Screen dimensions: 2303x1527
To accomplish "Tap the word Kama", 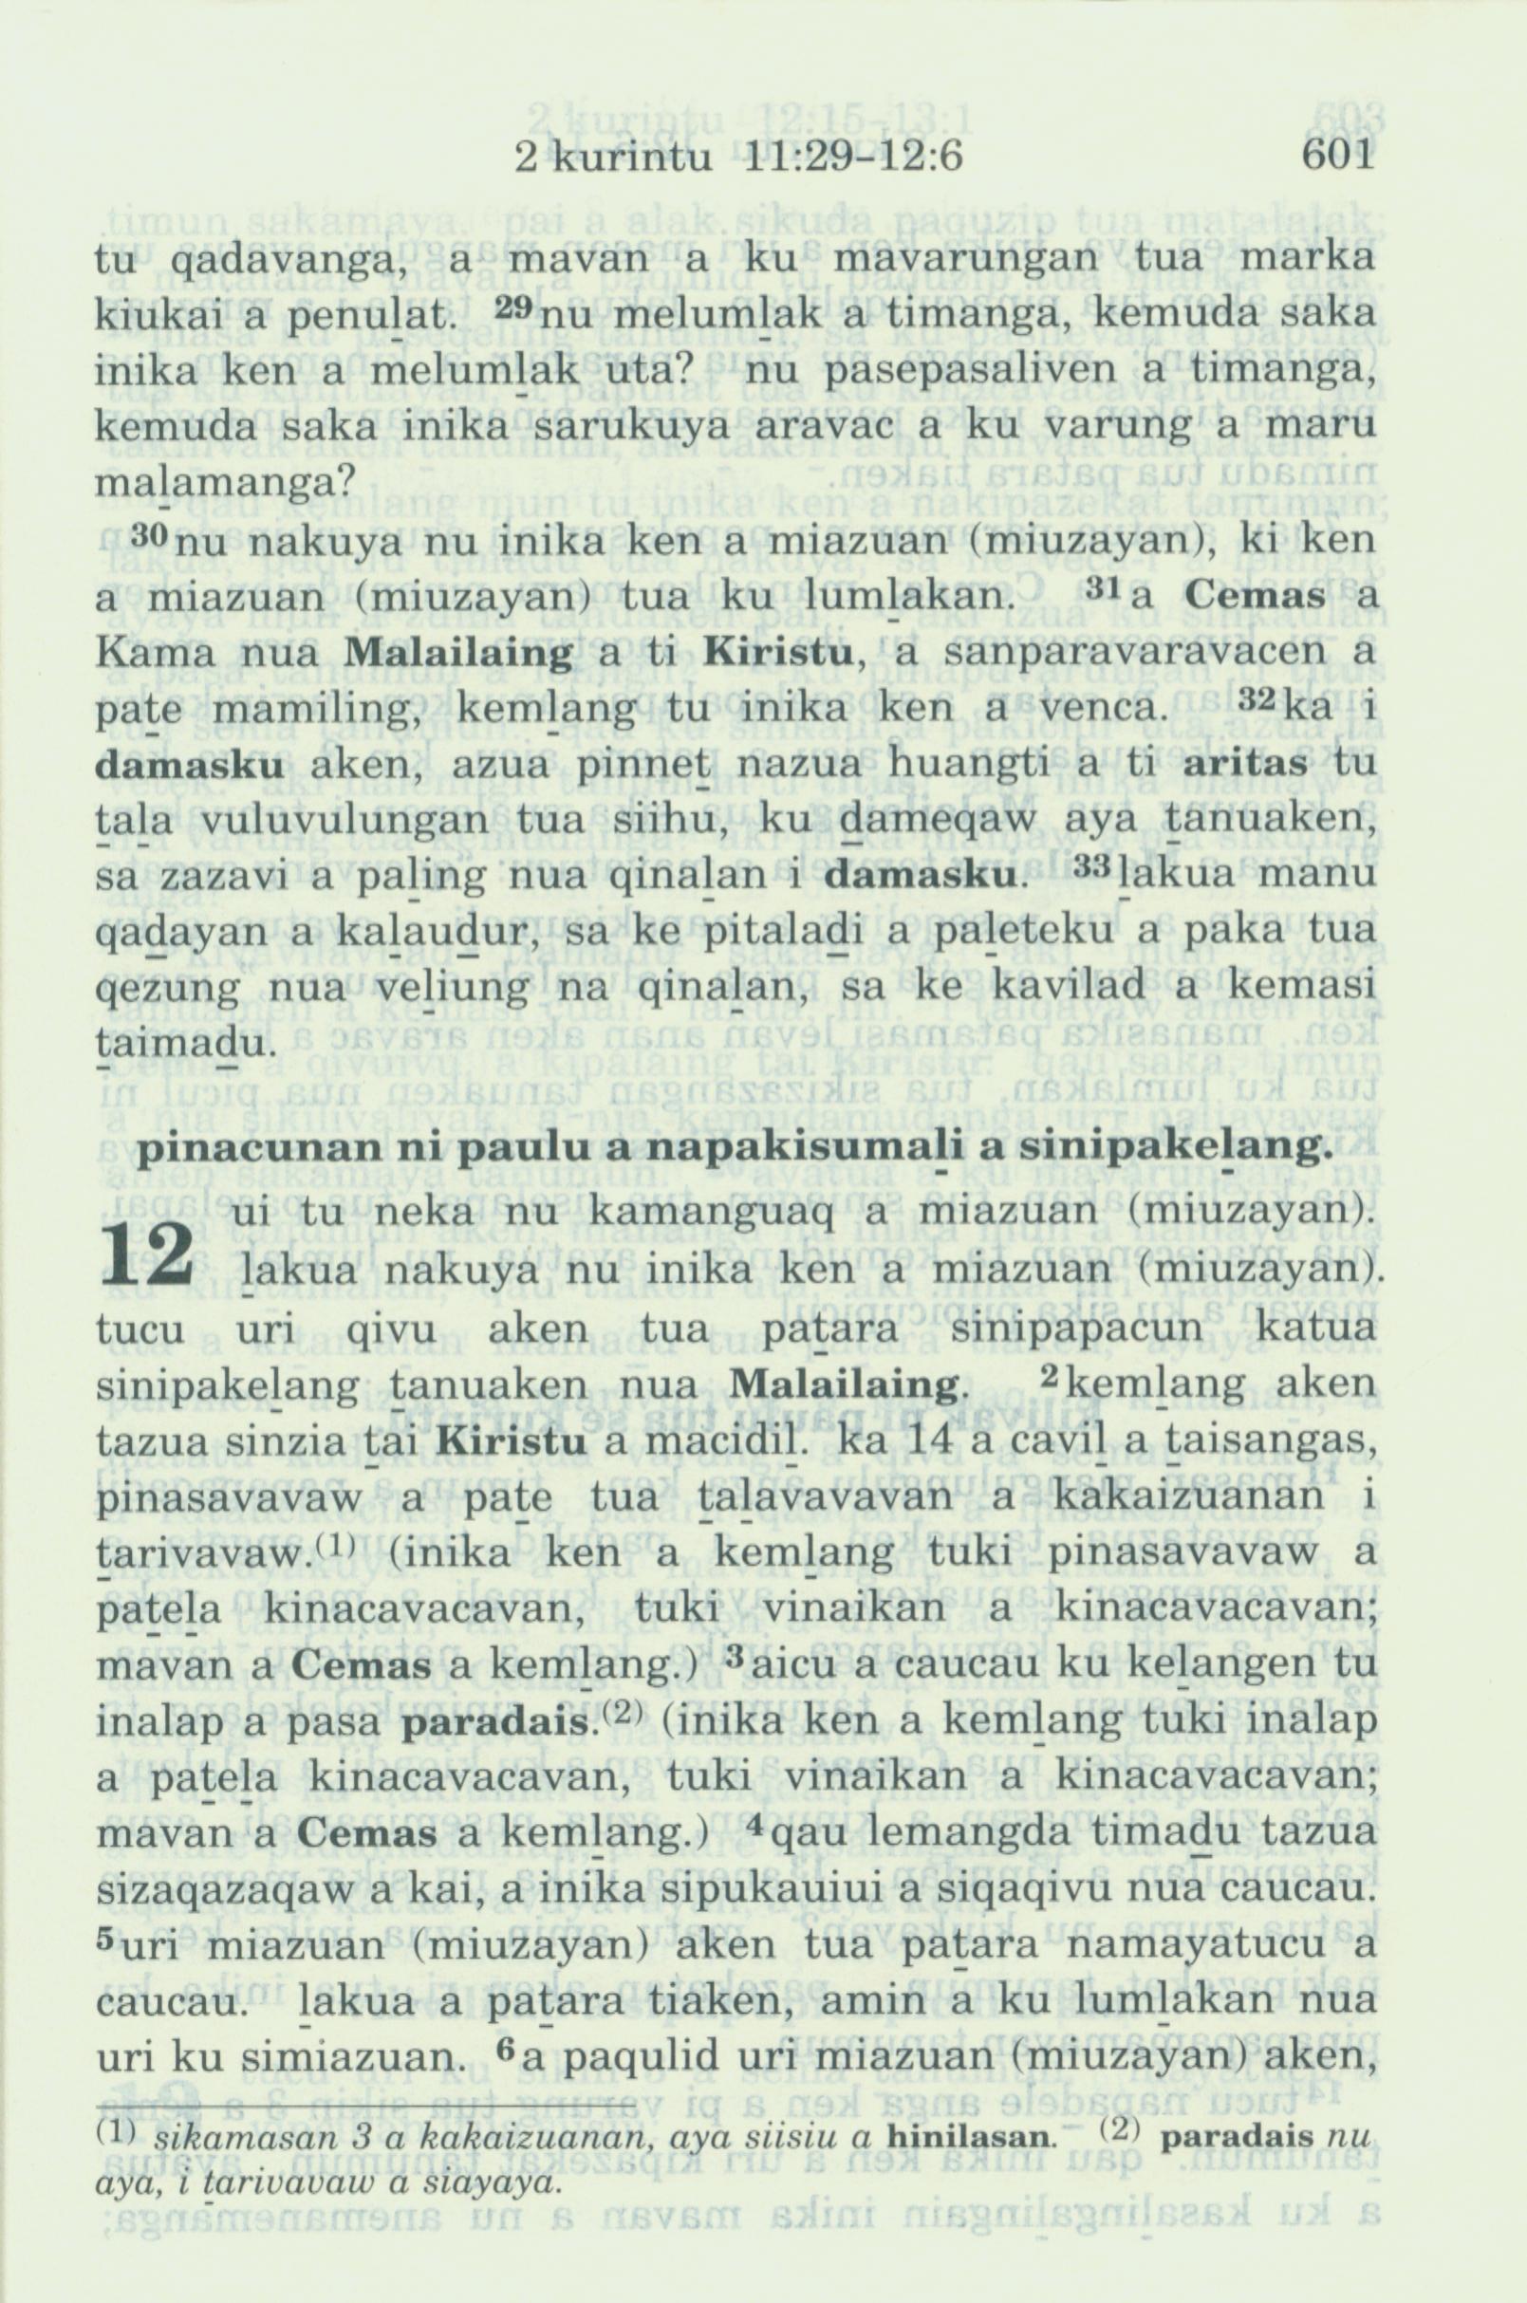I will tap(143, 649).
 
